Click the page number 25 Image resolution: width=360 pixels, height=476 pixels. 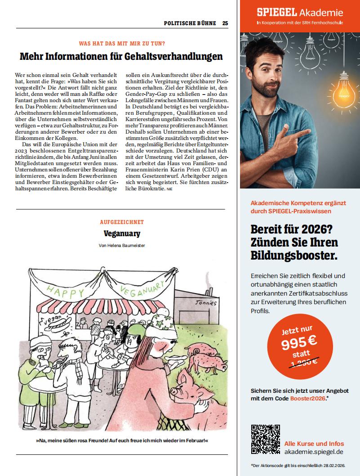225,23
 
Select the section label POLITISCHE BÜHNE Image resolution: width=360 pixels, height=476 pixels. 190,23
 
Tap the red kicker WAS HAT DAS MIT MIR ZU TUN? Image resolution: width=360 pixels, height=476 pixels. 122,43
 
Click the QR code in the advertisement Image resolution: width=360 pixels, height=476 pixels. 265,439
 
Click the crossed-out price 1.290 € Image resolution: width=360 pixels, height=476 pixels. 297,361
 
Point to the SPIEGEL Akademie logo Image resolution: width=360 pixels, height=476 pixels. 300,13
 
